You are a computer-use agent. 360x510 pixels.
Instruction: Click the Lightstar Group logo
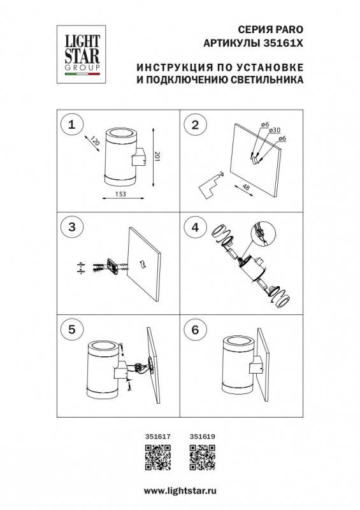point(81,51)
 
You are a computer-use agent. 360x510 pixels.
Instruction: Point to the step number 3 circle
point(72,226)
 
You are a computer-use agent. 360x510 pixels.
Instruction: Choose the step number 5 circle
point(72,330)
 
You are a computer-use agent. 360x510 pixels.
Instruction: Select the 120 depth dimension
point(96,142)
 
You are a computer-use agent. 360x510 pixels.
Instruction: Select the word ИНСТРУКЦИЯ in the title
point(169,68)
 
